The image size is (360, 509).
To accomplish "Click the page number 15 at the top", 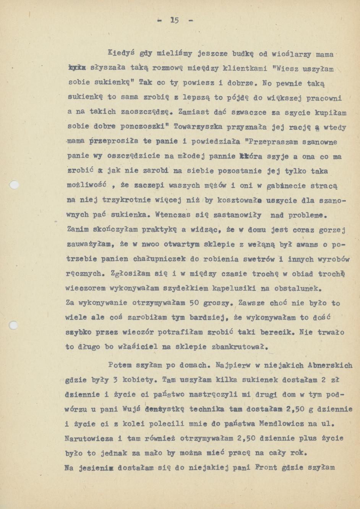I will click(x=175, y=20).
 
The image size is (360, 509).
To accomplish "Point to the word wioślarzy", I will click(x=291, y=54).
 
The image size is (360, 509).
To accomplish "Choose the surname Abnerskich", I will click(x=330, y=365).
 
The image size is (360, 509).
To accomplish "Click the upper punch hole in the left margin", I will click(x=14, y=185).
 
